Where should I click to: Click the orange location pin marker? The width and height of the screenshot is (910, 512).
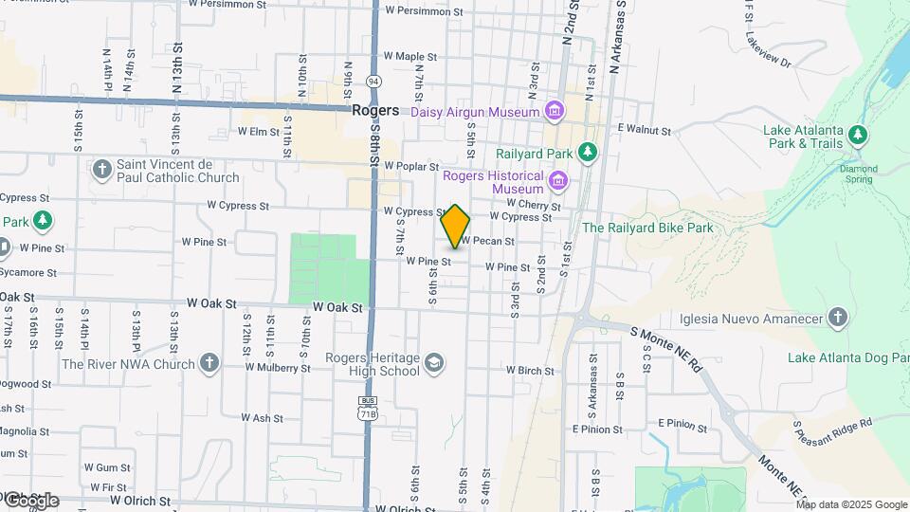pyautogui.click(x=455, y=226)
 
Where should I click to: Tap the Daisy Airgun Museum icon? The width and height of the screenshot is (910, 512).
pyautogui.click(x=554, y=112)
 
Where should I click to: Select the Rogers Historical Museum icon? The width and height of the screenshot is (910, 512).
pyautogui.click(x=558, y=180)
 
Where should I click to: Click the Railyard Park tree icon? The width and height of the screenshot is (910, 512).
pyautogui.click(x=588, y=152)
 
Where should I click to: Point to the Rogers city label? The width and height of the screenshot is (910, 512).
pyautogui.click(x=374, y=111)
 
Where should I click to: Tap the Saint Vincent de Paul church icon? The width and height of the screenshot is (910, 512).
pyautogui.click(x=102, y=170)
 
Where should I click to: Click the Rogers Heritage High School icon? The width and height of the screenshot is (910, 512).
pyautogui.click(x=434, y=363)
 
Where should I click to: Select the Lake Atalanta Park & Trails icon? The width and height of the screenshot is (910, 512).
pyautogui.click(x=858, y=135)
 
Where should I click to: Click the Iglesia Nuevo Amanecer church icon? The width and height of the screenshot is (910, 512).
pyautogui.click(x=837, y=318)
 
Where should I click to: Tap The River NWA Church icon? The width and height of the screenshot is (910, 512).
pyautogui.click(x=209, y=363)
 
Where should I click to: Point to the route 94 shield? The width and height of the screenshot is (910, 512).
pyautogui.click(x=374, y=82)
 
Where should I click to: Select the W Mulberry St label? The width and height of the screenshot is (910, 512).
pyautogui.click(x=278, y=368)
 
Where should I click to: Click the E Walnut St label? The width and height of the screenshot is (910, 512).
pyautogui.click(x=644, y=129)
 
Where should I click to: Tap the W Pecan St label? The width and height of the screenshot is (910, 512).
pyautogui.click(x=488, y=242)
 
